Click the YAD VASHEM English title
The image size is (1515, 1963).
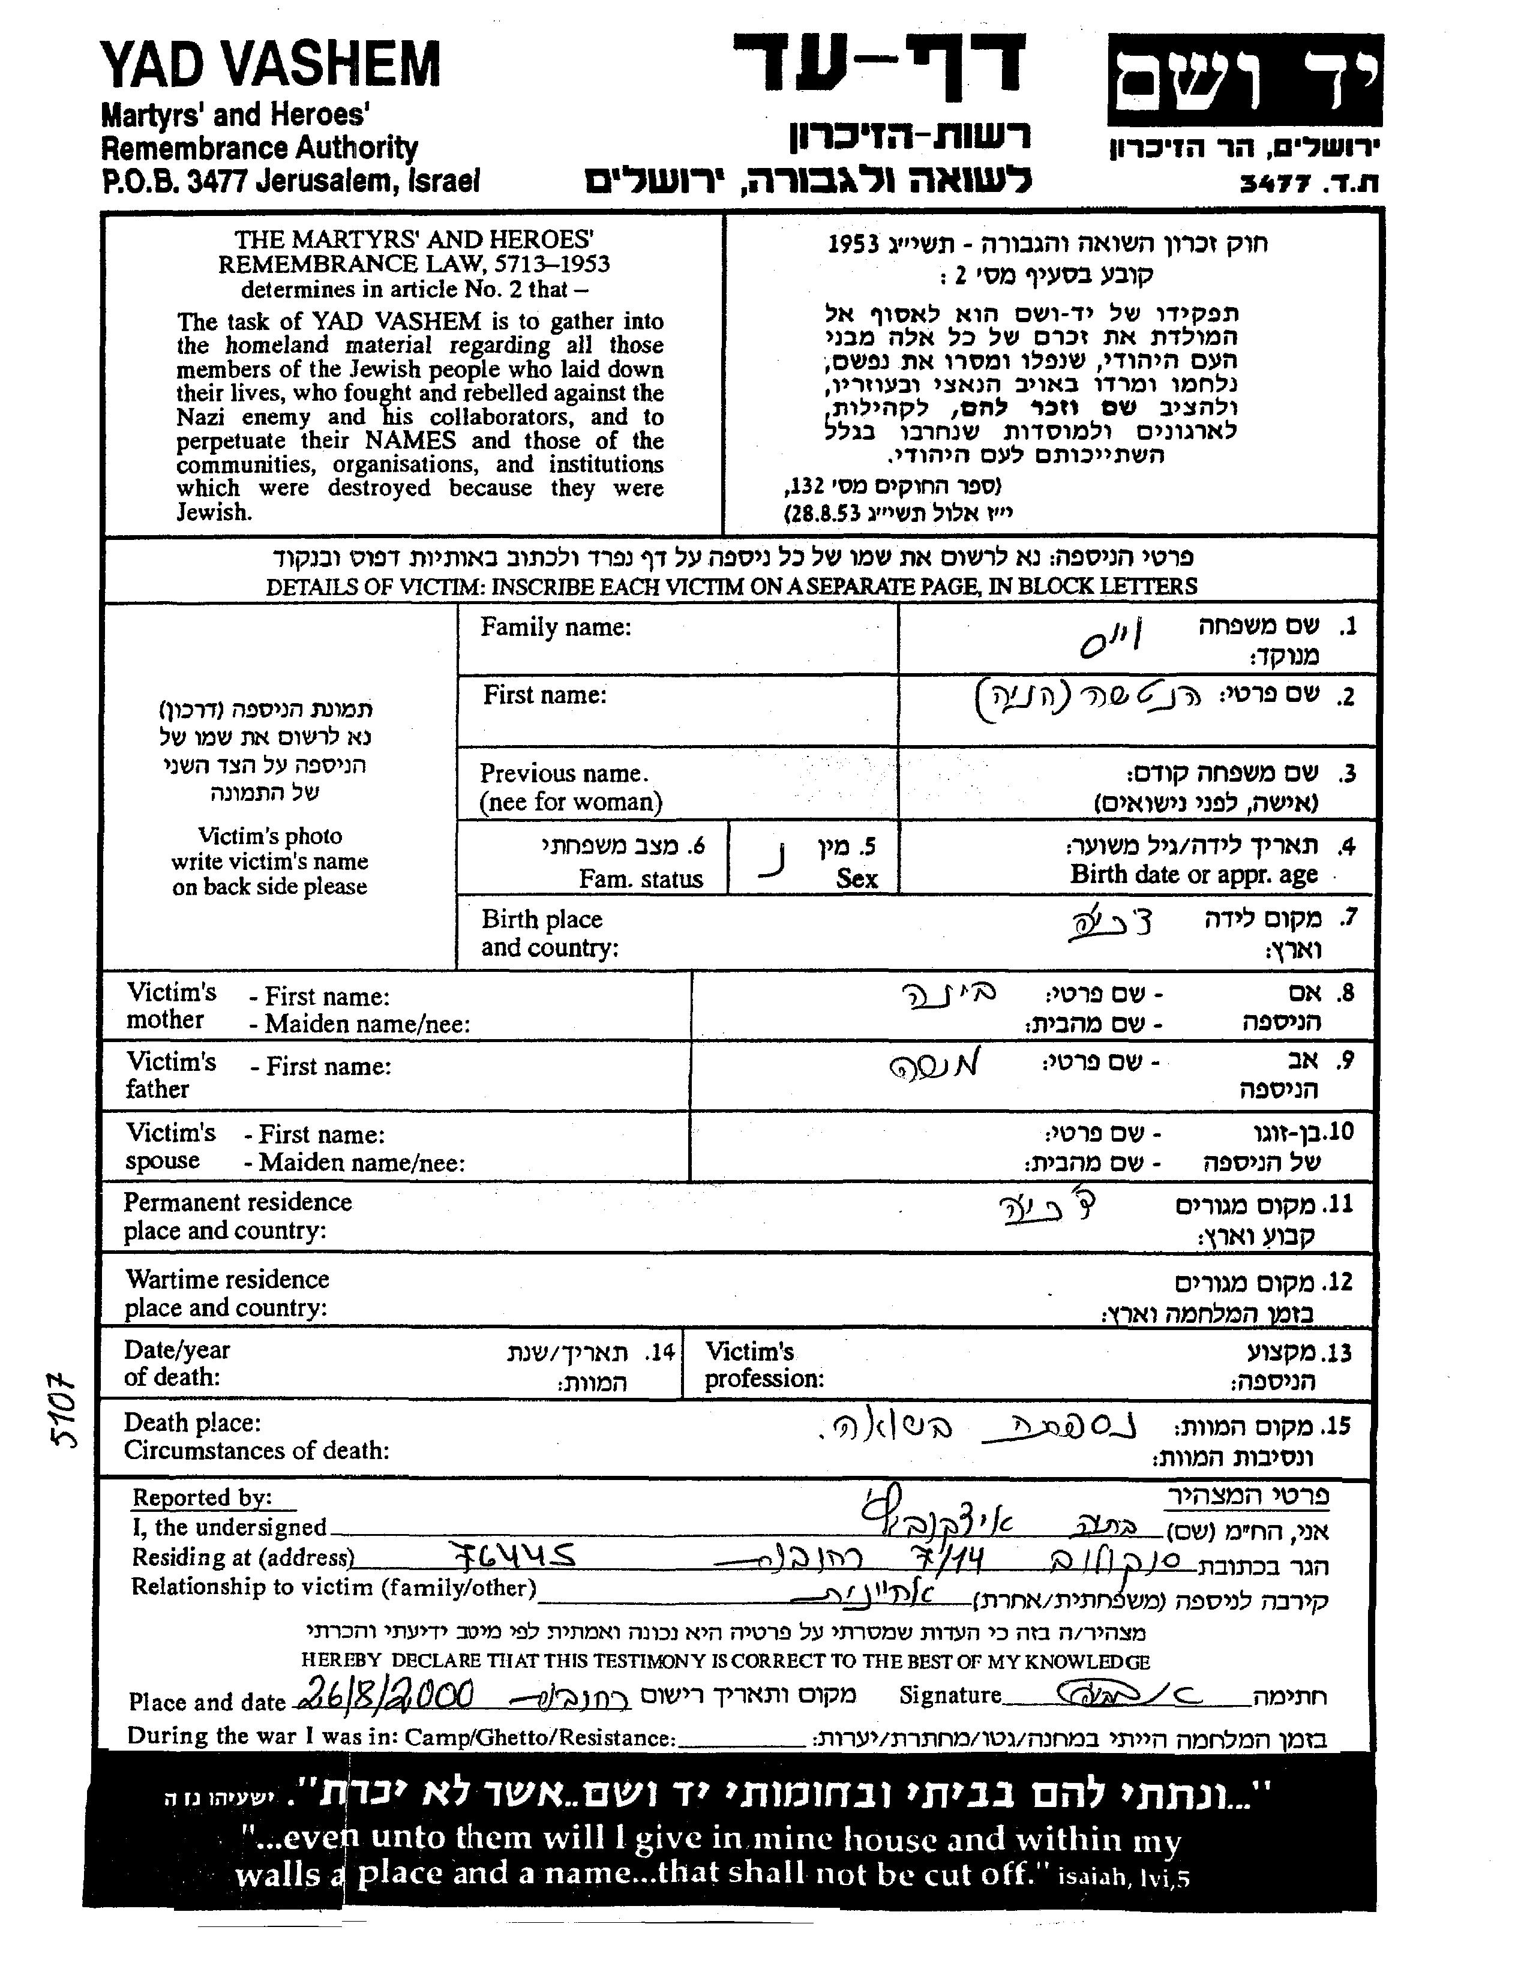tap(270, 65)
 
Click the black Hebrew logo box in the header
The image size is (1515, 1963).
tap(1244, 80)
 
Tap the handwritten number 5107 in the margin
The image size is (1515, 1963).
tap(65, 1410)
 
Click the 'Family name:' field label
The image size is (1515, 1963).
tap(555, 628)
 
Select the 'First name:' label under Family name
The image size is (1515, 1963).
tap(544, 695)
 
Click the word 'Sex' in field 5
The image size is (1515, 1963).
tap(856, 879)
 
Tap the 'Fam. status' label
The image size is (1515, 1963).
tap(640, 879)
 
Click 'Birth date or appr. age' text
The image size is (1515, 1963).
tap(1193, 875)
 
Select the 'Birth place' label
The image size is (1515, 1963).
tap(541, 920)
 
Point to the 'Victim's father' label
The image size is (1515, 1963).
tap(171, 1076)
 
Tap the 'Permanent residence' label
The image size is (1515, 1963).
tap(238, 1203)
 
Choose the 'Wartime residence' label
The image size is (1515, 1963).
tap(227, 1280)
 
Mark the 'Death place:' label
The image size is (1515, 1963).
tap(193, 1423)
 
